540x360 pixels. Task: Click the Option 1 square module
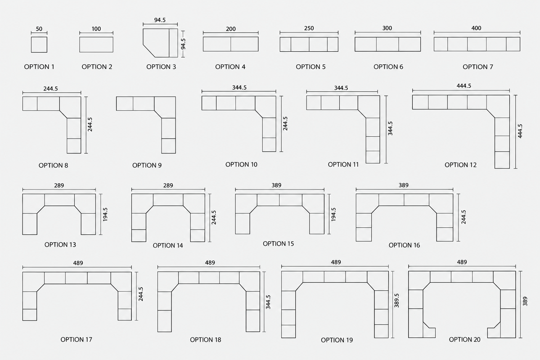coord(39,45)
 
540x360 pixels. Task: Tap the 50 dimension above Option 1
coord(39,29)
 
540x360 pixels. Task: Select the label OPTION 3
coord(161,67)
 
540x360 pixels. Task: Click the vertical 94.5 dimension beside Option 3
coord(183,44)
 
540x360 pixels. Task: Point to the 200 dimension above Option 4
coord(231,29)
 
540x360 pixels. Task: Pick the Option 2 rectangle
coord(96,45)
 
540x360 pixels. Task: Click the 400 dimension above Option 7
coord(477,28)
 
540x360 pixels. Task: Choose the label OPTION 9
coord(147,166)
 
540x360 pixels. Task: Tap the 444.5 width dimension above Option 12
coord(464,86)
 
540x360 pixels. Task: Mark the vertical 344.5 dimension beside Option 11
coord(390,128)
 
